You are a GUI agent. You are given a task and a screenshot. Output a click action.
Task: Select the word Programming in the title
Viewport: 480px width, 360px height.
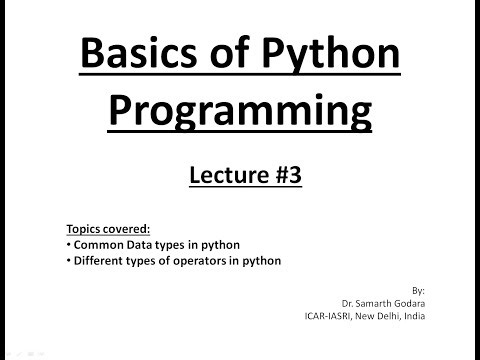point(240,113)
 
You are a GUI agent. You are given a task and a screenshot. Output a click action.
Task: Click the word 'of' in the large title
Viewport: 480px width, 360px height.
point(227,59)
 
